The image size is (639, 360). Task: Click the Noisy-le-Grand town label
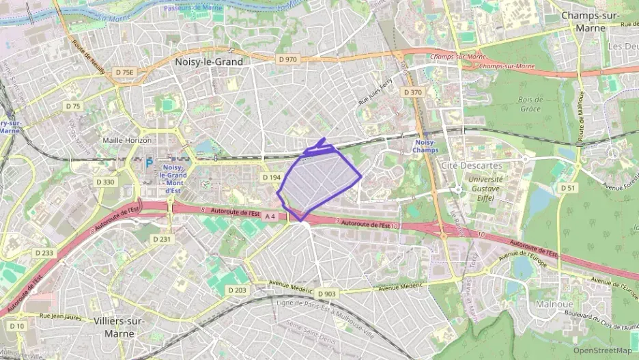(x=209, y=61)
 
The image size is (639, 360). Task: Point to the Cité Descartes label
(x=472, y=165)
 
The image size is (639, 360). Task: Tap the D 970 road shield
(x=288, y=59)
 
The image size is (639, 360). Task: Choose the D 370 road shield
(x=412, y=92)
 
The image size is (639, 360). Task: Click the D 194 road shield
(x=271, y=178)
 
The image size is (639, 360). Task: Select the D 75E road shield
(x=125, y=72)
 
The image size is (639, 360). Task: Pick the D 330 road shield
(x=106, y=182)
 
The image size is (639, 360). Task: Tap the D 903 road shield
(x=327, y=294)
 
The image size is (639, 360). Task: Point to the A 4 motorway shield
(x=270, y=217)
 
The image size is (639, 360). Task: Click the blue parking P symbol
(x=149, y=164)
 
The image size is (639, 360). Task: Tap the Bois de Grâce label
(x=529, y=104)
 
